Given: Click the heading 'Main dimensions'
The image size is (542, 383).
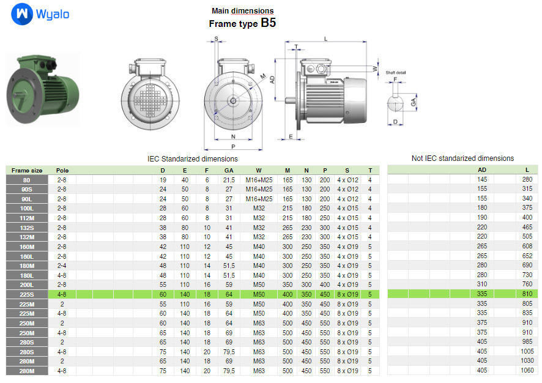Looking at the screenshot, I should point(242,10).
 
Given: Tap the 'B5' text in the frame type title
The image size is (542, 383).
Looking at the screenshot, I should point(268,23).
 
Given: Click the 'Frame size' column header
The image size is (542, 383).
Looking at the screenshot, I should point(27,170).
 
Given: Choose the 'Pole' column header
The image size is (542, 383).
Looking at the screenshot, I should point(62,170).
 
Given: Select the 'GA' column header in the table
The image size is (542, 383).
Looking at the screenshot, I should point(229,170).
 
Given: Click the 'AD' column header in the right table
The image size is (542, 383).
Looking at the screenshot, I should point(482,170).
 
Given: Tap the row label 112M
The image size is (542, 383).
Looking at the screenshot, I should point(27,217).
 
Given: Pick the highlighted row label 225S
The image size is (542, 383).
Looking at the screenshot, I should point(27,294).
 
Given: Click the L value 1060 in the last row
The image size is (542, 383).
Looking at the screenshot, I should point(527,371).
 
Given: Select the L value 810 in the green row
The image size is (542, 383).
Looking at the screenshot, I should point(527,294).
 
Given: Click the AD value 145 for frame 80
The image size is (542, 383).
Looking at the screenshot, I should point(482,179).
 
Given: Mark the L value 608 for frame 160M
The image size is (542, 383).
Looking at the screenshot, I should point(527,246).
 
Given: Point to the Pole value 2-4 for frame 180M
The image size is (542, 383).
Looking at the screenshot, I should point(62,266).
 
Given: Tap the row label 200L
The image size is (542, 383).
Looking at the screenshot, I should point(27,284).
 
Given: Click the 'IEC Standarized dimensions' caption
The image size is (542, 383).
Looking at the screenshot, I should point(193,158).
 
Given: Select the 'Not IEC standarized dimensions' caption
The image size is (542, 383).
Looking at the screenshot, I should point(462,158).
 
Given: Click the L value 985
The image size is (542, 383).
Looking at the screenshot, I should point(527,342).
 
